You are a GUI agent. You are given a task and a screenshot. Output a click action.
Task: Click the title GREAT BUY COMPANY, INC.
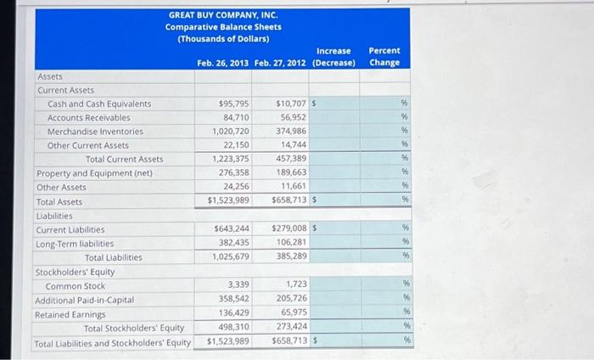(222, 15)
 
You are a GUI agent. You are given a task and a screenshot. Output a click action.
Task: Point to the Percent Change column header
(384, 56)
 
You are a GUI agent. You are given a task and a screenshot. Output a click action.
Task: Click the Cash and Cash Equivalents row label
(99, 104)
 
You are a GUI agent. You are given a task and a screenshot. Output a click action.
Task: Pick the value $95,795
(233, 104)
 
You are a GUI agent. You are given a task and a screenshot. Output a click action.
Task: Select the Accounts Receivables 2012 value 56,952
(293, 117)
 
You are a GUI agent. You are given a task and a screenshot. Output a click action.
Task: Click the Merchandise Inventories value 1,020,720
(231, 132)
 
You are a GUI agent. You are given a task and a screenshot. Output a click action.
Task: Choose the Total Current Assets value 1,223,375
(231, 159)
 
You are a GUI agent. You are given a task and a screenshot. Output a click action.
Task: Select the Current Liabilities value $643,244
(231, 229)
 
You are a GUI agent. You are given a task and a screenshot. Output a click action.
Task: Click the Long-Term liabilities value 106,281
(293, 243)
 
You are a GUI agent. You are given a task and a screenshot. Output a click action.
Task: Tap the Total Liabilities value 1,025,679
(231, 256)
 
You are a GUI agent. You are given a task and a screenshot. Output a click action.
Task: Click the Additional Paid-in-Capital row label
(84, 300)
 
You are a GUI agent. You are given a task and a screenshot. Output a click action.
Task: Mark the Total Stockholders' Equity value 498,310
(233, 327)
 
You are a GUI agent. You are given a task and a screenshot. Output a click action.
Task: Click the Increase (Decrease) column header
(333, 57)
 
